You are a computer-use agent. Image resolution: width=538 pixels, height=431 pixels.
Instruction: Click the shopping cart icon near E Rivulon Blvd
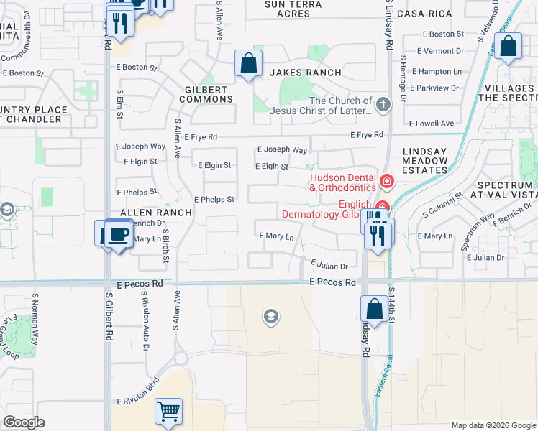point(168,412)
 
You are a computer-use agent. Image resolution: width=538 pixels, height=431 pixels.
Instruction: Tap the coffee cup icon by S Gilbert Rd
point(119,234)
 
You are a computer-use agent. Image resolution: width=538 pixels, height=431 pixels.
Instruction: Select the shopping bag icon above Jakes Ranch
point(248,63)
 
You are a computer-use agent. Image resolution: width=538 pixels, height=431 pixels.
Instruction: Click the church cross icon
point(383,105)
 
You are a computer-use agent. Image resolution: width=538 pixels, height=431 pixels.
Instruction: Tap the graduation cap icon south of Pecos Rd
point(270,317)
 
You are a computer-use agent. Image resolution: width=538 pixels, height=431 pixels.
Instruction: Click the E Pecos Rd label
point(333,282)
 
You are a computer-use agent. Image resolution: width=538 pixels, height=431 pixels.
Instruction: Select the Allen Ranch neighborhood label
point(156,213)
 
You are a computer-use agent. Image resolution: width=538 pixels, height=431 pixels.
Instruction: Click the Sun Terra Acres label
point(287,9)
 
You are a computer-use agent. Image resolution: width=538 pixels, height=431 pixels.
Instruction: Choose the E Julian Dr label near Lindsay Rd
point(329,265)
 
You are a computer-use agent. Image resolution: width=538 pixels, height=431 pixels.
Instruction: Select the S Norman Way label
point(35,314)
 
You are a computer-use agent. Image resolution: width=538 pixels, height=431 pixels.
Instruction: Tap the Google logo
point(24,422)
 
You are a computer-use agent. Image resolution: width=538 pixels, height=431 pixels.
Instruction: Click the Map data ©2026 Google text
point(493,425)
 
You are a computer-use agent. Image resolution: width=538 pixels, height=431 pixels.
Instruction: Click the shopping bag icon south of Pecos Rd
point(375,310)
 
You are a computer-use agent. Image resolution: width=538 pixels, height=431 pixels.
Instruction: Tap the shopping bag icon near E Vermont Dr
point(508,47)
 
